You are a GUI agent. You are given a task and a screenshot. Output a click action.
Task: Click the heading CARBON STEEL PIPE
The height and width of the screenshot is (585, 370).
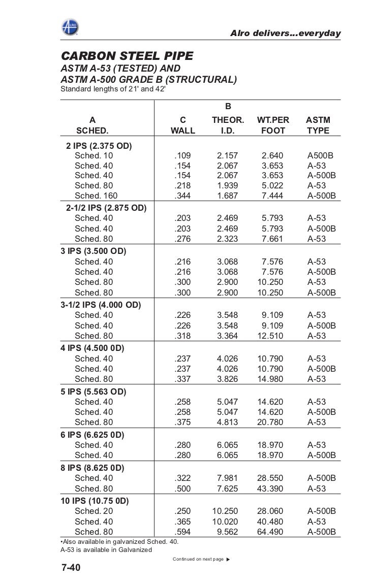(127, 55)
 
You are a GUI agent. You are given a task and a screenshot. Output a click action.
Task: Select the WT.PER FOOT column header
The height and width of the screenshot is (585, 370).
(273, 125)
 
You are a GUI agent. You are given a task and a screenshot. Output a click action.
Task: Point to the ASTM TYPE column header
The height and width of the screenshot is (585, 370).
(318, 125)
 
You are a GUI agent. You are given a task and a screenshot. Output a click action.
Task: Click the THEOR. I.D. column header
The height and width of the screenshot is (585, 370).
(228, 125)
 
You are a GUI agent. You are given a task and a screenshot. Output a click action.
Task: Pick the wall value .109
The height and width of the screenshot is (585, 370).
(183, 155)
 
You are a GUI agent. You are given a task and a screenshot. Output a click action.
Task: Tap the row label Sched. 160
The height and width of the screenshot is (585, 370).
(96, 196)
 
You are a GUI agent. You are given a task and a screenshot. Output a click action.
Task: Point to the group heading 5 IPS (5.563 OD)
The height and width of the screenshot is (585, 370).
(93, 392)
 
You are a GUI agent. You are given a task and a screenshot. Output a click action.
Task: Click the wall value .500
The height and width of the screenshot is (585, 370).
(183, 489)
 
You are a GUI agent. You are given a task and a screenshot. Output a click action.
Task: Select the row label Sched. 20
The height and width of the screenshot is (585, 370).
(94, 511)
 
